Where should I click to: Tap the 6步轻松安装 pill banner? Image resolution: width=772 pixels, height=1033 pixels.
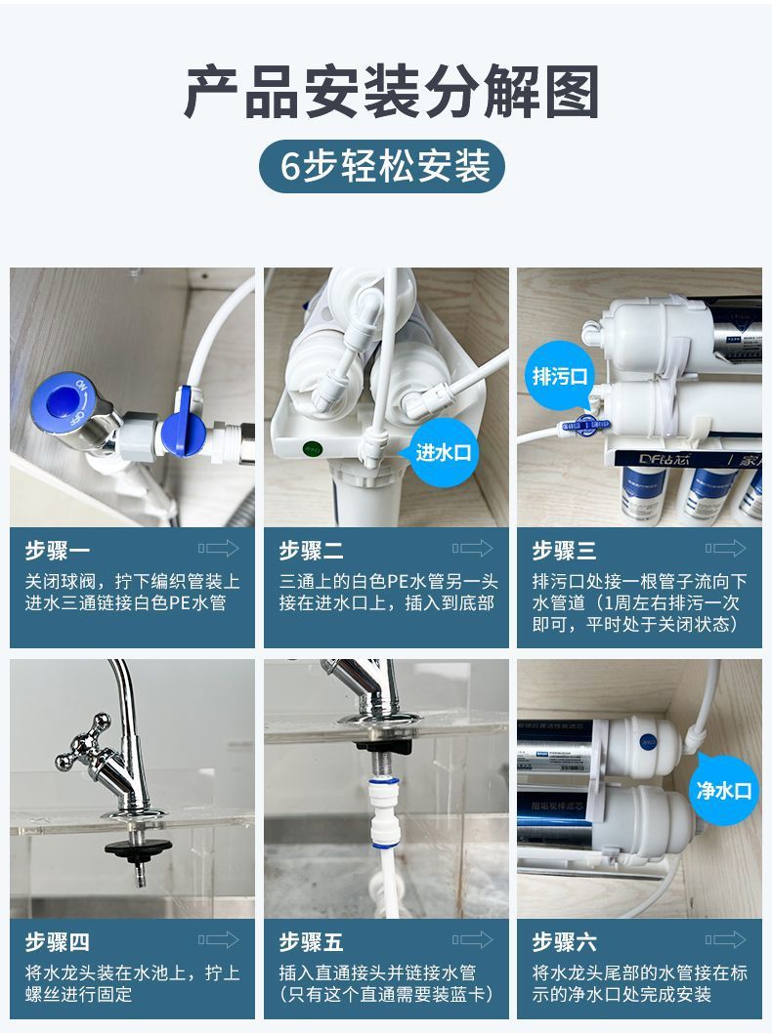[382, 166]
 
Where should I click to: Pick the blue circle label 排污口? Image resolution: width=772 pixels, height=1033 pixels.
[559, 376]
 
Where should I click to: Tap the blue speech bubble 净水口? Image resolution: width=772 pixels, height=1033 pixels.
[724, 790]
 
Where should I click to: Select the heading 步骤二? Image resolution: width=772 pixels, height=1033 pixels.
[311, 552]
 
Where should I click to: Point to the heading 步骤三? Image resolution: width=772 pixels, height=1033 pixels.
[564, 552]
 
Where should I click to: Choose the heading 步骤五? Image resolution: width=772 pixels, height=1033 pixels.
[311, 942]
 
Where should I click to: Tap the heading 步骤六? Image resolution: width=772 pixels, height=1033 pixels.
[564, 942]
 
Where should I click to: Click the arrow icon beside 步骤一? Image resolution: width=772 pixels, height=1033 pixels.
[218, 549]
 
